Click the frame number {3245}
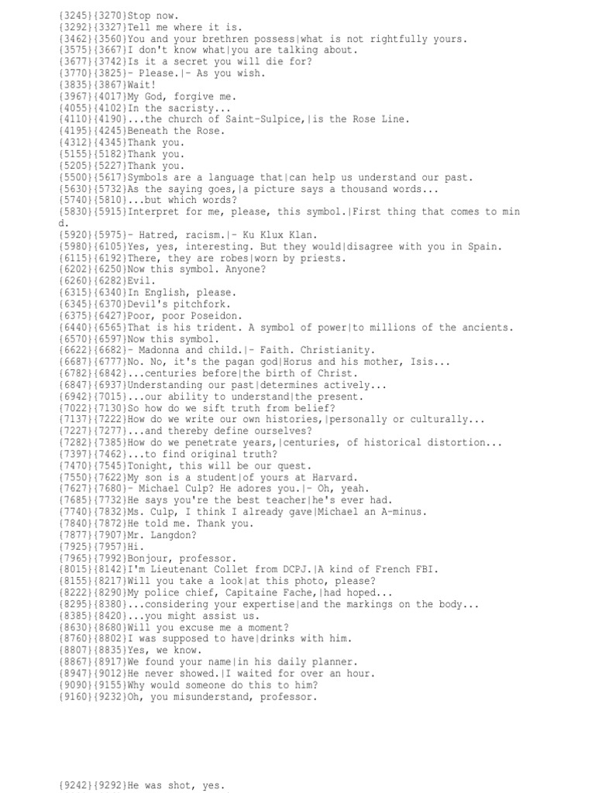[74, 15]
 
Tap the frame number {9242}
[74, 785]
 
